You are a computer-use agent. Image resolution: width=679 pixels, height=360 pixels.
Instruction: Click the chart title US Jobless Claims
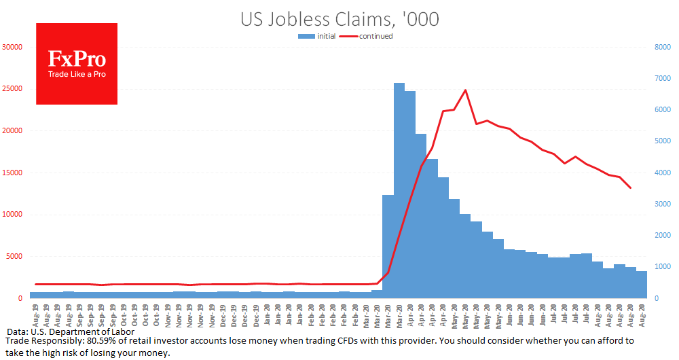tap(339, 18)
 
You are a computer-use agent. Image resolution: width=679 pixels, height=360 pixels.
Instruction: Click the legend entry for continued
tap(376, 36)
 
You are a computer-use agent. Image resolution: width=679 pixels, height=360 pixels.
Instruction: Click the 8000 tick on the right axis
tap(662, 47)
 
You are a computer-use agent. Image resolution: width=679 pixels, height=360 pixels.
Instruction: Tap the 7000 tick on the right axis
tap(662, 78)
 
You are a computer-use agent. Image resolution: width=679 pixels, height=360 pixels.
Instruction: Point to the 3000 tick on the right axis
tap(662, 204)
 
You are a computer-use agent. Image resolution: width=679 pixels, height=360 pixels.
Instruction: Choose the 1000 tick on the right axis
tap(662, 267)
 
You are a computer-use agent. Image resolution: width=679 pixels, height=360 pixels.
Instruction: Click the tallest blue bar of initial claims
tap(399, 190)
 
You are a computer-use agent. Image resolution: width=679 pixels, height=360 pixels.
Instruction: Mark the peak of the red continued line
tap(465, 90)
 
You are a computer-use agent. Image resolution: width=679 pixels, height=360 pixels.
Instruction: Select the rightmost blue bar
tap(641, 285)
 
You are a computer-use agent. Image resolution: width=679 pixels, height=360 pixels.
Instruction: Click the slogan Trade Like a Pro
tap(77, 74)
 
